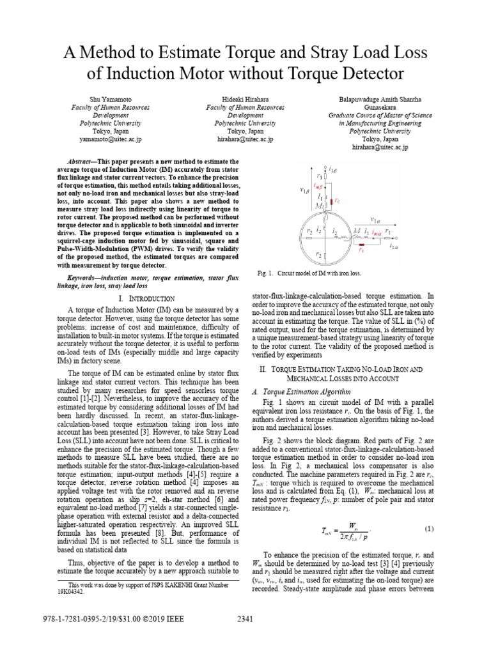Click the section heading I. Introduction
point(147,299)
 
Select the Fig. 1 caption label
point(268,273)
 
